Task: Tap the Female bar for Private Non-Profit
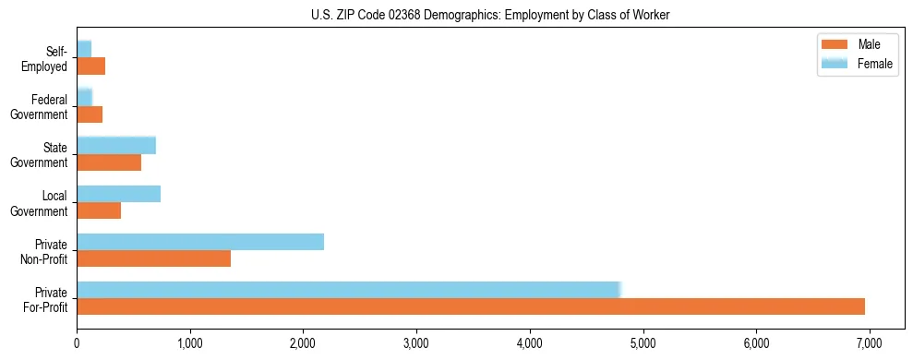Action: pos(200,242)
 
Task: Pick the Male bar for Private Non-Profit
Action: pos(154,258)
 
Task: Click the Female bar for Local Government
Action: pos(119,194)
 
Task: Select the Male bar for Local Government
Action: pos(99,210)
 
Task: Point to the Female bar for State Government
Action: pos(116,145)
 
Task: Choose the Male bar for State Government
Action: pos(109,162)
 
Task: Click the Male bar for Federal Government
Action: pos(90,114)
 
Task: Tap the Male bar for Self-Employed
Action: pos(91,66)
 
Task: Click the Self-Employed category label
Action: pos(49,59)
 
